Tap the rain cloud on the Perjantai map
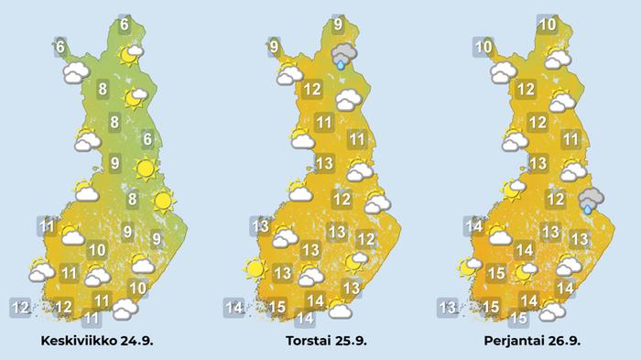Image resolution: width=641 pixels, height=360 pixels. [591, 200]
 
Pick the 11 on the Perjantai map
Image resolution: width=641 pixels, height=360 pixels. [570, 140]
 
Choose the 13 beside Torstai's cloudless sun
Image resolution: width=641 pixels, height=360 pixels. [282, 272]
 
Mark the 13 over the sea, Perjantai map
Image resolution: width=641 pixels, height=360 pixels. [448, 307]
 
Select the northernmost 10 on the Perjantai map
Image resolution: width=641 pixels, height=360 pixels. [548, 26]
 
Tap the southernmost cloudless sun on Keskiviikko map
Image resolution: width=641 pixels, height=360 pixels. [162, 200]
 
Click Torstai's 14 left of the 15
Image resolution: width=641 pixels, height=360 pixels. [234, 307]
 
